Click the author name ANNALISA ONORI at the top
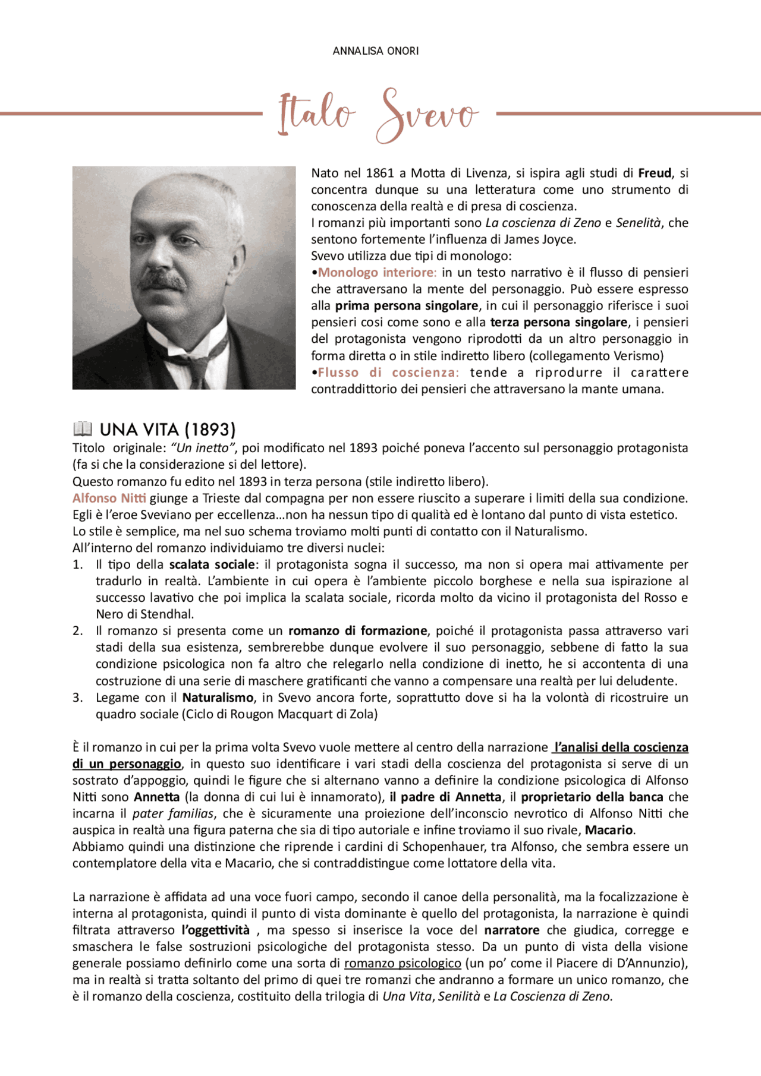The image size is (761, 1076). [x=376, y=51]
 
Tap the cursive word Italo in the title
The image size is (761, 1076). [x=316, y=113]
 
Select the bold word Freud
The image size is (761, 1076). [x=654, y=173]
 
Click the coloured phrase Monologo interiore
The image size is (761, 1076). [x=377, y=273]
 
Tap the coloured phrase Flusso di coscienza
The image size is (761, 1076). [x=388, y=373]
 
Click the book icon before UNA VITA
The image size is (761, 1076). [x=83, y=428]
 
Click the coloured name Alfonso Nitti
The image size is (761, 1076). [x=109, y=498]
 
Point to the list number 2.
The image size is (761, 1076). [x=78, y=631]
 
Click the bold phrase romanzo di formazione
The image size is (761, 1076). [x=357, y=631]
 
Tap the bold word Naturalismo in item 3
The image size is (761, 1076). [x=218, y=698]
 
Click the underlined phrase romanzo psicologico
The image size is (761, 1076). [x=402, y=963]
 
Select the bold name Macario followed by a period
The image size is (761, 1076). [x=609, y=830]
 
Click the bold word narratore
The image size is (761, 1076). [x=511, y=930]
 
